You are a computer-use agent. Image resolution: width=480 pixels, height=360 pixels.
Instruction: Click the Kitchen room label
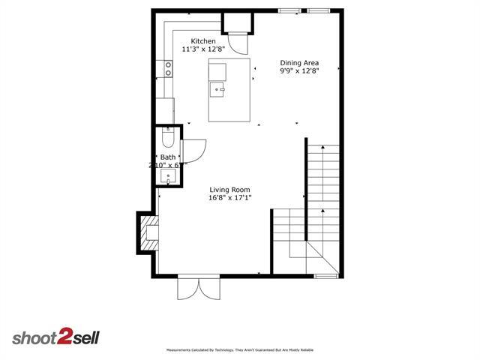203,41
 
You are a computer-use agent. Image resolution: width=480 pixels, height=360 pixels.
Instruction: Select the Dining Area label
298,63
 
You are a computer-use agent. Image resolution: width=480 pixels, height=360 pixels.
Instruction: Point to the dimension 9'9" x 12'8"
298,71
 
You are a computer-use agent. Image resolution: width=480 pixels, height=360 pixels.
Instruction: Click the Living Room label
229,190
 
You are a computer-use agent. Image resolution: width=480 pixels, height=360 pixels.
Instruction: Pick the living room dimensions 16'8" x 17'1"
229,198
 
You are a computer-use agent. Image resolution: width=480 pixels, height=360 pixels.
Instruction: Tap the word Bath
168,157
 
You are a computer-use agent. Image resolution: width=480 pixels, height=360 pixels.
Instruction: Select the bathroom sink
169,178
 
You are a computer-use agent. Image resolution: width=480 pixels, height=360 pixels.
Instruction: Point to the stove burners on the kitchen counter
168,69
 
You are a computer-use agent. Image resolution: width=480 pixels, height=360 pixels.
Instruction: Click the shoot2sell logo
55,337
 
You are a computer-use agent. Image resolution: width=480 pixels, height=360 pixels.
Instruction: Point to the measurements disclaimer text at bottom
239,350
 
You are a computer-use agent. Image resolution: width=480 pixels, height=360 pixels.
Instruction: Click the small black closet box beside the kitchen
240,24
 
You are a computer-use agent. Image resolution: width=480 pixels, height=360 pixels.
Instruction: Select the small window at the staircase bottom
325,276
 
